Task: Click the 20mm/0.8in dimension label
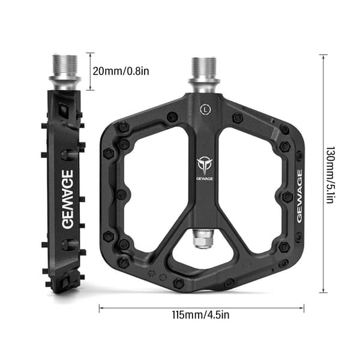[x=121, y=71]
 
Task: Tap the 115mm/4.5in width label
[x=200, y=314]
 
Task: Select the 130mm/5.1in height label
[x=331, y=175]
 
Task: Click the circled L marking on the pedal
[x=205, y=109]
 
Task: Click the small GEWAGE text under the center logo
[x=205, y=179]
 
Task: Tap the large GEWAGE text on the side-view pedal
[x=68, y=199]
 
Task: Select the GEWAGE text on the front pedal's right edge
[x=299, y=196]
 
